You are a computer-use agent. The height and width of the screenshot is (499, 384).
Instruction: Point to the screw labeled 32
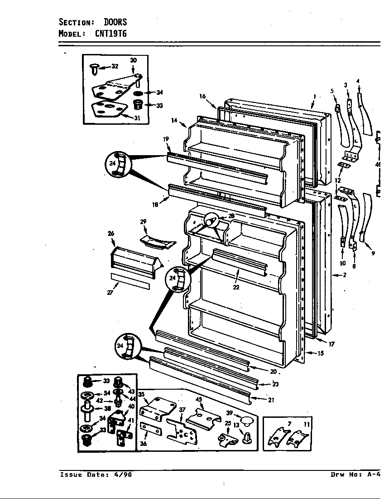click(95, 68)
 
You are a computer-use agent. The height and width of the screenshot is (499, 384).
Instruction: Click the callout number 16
click(202, 96)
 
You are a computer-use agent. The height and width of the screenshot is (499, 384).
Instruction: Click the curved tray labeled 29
click(157, 241)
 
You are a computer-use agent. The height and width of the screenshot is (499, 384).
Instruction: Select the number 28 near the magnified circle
click(231, 216)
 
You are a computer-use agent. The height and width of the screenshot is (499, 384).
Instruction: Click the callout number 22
click(236, 287)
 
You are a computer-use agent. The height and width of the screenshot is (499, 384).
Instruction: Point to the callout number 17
click(331, 344)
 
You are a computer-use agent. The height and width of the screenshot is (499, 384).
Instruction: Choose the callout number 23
click(275, 384)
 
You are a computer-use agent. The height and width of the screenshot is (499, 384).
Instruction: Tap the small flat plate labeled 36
click(150, 428)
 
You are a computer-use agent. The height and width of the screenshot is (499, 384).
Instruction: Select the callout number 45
click(198, 400)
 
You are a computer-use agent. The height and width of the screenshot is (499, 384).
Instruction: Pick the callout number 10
click(342, 263)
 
